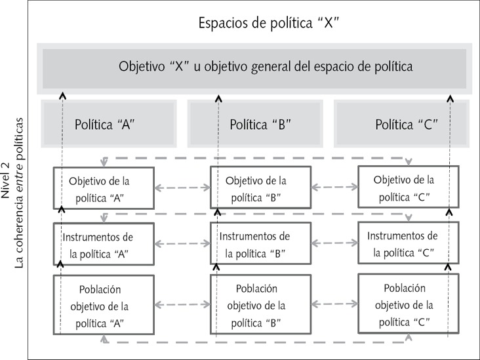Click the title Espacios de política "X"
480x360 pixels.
(269, 24)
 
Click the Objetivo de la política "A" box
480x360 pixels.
(104, 187)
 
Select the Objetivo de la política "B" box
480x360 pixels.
(256, 187)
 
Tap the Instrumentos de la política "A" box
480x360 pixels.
(104, 244)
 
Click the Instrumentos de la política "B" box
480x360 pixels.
(256, 244)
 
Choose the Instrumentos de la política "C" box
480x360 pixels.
(403, 243)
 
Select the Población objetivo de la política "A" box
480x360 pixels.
(104, 305)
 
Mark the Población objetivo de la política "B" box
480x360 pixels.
(256, 304)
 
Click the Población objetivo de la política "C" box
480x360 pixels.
(403, 304)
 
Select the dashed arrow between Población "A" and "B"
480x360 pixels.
(182, 304)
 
